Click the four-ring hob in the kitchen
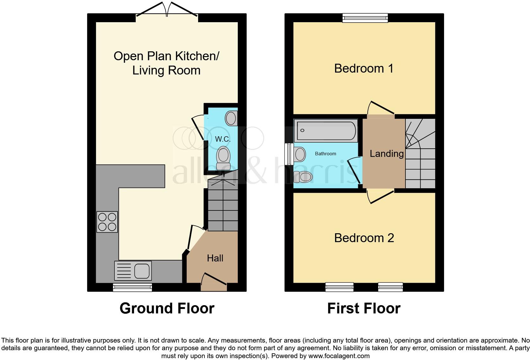point(107,222)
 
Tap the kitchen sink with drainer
point(133,270)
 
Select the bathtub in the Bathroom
point(326,131)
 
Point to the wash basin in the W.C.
point(231,118)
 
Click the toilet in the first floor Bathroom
point(303,177)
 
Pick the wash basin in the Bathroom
point(300,154)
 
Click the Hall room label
point(215,258)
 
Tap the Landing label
point(386,154)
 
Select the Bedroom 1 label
point(364,68)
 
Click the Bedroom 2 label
point(364,238)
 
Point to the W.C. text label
point(223,139)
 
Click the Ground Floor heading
point(167,308)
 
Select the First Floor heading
point(364,308)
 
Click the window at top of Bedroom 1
point(365,18)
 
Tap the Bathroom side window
point(288,154)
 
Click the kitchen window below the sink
point(132,287)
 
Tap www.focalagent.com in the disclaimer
point(339,356)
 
